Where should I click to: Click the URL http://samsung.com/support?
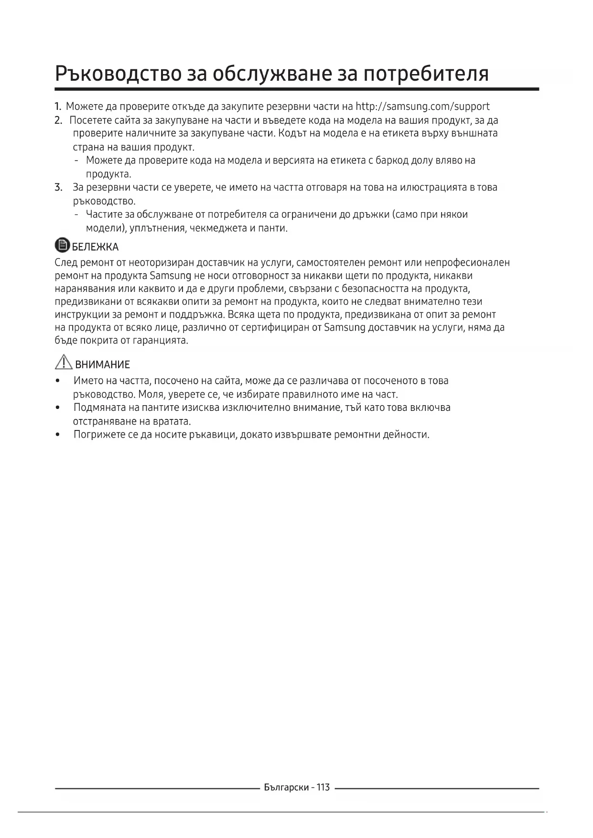[x=423, y=106]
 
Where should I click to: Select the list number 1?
[x=58, y=107]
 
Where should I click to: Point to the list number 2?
[x=58, y=120]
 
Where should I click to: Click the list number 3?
[x=58, y=187]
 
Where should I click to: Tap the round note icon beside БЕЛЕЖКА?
[x=62, y=246]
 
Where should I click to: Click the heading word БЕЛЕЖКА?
[x=95, y=247]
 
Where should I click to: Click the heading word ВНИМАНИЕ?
[x=102, y=365]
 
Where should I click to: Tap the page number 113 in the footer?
[x=323, y=787]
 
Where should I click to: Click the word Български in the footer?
[x=286, y=787]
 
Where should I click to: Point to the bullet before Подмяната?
[x=58, y=408]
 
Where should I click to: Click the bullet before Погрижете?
[x=58, y=435]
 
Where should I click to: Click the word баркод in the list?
[x=392, y=161]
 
